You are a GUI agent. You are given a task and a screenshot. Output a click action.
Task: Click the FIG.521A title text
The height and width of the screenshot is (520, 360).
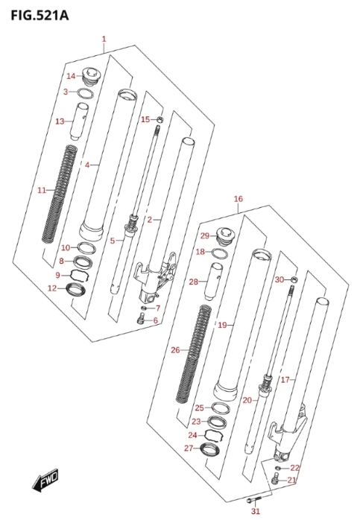(x=40, y=15)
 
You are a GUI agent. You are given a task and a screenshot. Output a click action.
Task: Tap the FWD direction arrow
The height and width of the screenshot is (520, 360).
(x=45, y=481)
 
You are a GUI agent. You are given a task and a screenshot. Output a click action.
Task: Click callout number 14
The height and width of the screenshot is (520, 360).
(x=71, y=76)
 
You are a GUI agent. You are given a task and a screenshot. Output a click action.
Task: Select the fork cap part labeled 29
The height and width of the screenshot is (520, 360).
(x=225, y=235)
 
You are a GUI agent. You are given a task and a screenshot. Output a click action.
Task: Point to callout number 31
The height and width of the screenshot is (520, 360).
(x=256, y=511)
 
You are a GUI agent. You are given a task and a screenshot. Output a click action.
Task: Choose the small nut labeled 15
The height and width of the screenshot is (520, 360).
(x=160, y=119)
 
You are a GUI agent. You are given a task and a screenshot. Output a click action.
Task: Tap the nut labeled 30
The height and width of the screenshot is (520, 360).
(x=294, y=279)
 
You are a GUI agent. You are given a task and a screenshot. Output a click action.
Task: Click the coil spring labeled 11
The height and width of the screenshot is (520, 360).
(x=60, y=194)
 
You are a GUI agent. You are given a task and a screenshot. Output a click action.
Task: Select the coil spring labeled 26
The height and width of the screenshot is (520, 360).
(x=194, y=354)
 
